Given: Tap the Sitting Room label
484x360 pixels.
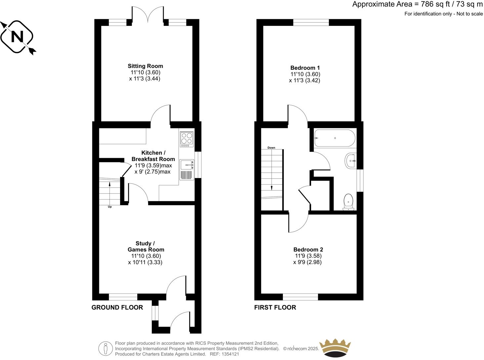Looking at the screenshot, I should [145, 66].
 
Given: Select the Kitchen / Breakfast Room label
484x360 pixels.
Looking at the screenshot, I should [153, 156].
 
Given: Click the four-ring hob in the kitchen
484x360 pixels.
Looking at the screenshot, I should [187, 139].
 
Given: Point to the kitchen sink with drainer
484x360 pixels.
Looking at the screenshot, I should [187, 169].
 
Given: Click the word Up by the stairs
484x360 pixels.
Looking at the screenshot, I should [110, 207].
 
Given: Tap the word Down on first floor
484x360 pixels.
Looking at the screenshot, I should [271, 148].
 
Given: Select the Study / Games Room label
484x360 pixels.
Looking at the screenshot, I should [146, 247].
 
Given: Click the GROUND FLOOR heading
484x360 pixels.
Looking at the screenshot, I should [117, 307].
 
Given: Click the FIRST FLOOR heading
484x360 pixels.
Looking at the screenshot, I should [275, 307].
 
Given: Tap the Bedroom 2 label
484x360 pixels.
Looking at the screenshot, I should [308, 249].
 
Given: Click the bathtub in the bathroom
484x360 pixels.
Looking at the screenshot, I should [334, 138].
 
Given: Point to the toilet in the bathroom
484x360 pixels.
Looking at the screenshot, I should [348, 202].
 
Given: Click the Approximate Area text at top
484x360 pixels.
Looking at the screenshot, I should [417, 4].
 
